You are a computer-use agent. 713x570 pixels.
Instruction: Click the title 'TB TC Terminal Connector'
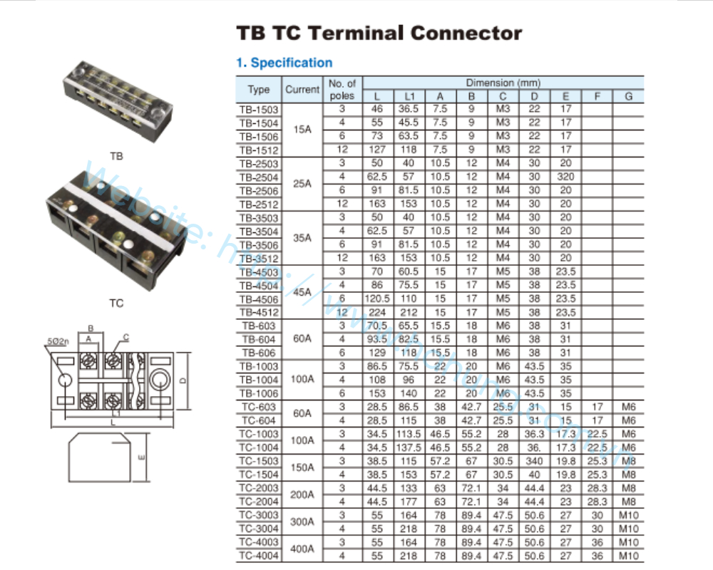[x=379, y=33]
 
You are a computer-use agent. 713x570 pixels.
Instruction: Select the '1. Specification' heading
[x=284, y=63]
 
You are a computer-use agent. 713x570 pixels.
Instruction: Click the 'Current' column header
[x=302, y=90]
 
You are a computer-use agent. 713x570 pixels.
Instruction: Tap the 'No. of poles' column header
[x=342, y=90]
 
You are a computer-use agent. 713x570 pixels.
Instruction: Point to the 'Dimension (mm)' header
[x=503, y=83]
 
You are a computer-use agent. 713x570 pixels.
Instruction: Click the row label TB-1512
[x=259, y=150]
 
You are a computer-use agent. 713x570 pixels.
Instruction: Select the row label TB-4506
[x=259, y=299]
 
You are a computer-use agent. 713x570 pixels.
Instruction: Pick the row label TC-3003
[x=259, y=515]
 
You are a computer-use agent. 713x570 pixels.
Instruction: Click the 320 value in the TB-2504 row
[x=565, y=177]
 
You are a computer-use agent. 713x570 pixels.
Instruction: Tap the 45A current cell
[x=302, y=292]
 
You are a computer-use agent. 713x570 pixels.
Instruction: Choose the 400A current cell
[x=302, y=549]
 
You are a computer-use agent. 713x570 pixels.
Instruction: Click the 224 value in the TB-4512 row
[x=377, y=312]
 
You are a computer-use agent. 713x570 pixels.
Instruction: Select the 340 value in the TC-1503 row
[x=534, y=461]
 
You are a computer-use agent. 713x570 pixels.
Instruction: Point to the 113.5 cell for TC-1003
[x=409, y=434]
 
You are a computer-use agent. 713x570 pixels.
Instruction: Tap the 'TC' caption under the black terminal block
[x=116, y=304]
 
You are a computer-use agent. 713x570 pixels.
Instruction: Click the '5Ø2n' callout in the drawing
[x=57, y=342]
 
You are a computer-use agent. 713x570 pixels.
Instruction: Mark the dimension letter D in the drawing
[x=183, y=381]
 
